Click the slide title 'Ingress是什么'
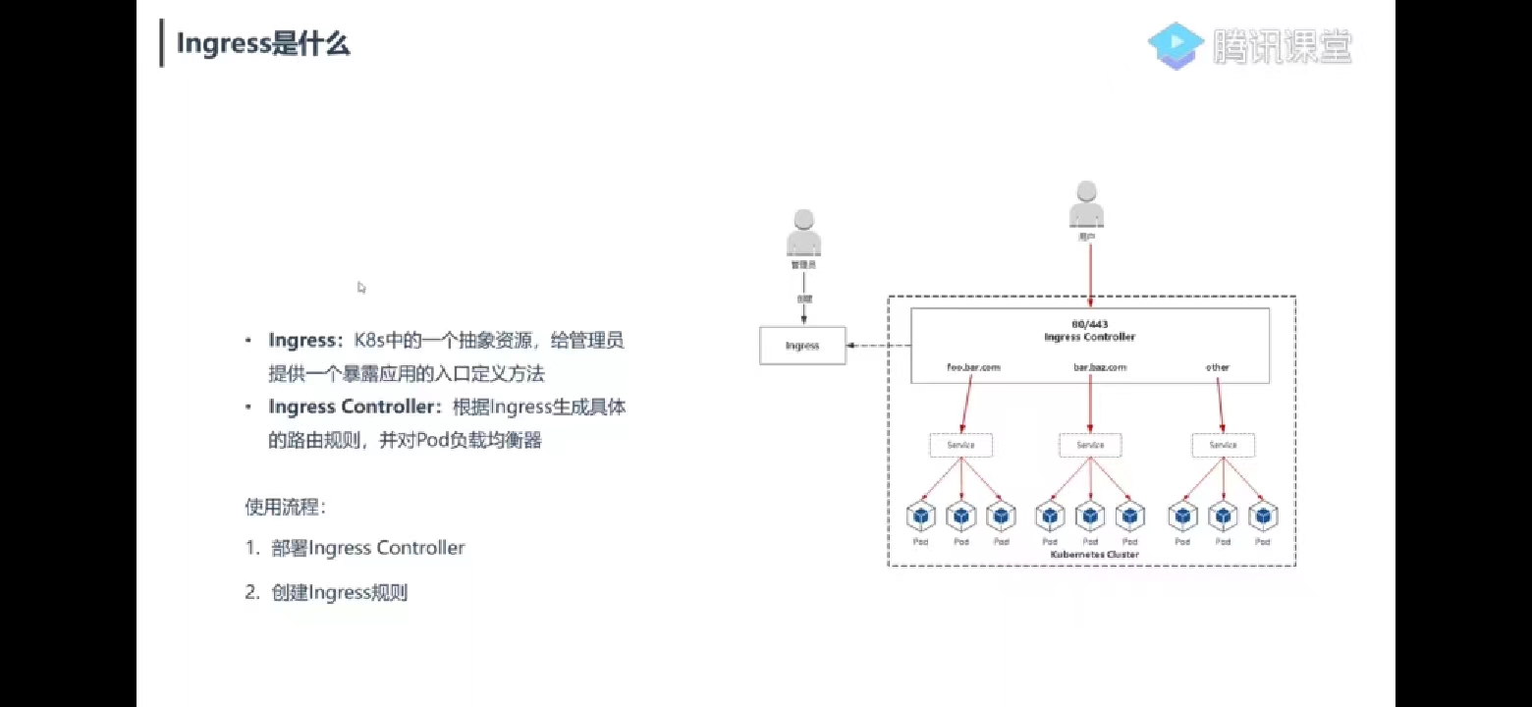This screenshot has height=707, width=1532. tap(262, 44)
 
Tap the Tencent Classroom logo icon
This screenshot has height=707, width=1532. tap(1176, 46)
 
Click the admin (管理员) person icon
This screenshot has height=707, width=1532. tap(803, 235)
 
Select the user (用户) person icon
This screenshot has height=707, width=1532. tap(1085, 205)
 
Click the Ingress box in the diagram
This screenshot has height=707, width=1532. tap(802, 346)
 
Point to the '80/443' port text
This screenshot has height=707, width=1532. tap(1089, 324)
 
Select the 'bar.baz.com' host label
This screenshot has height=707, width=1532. tap(1099, 367)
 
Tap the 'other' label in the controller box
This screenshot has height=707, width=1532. tap(1218, 367)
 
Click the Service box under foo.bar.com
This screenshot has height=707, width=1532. tap(961, 445)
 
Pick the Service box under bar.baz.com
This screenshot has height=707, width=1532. tap(1090, 445)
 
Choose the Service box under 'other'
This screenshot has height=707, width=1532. tap(1223, 445)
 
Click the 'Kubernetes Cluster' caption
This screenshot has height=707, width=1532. tap(1095, 555)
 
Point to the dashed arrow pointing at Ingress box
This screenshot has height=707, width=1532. tap(878, 346)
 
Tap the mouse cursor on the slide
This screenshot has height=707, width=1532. tap(361, 288)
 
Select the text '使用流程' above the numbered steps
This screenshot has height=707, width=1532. tap(285, 508)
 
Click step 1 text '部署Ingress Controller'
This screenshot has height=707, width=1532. tap(368, 548)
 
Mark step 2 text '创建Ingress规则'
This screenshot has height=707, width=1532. tap(339, 593)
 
